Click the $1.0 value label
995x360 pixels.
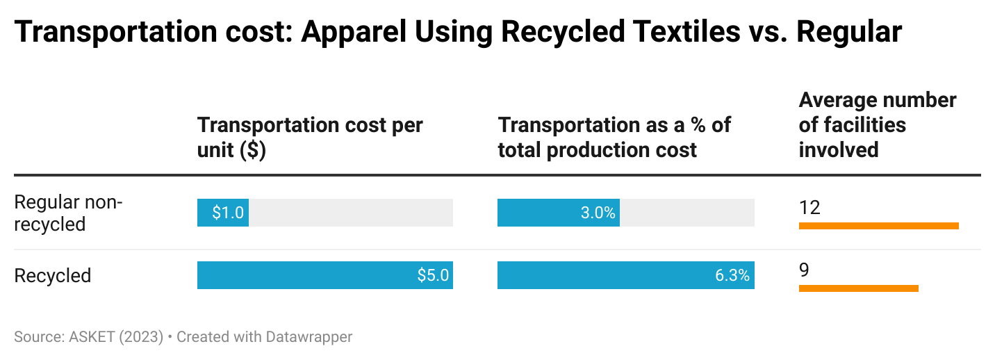tap(228, 213)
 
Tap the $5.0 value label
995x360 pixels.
tap(433, 275)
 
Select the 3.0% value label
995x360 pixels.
tap(598, 213)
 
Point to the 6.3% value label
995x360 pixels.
tap(732, 275)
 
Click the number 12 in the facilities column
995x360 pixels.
tap(809, 207)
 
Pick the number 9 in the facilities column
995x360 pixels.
tap(805, 270)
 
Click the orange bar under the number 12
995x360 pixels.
tap(878, 225)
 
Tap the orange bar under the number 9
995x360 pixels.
tap(858, 288)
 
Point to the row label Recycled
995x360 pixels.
tap(53, 275)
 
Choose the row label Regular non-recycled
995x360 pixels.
tap(68, 213)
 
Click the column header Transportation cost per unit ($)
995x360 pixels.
tap(310, 137)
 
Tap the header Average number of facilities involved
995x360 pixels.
tap(877, 124)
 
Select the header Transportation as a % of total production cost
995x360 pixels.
tap(614, 137)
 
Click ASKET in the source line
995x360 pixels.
tap(93, 337)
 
